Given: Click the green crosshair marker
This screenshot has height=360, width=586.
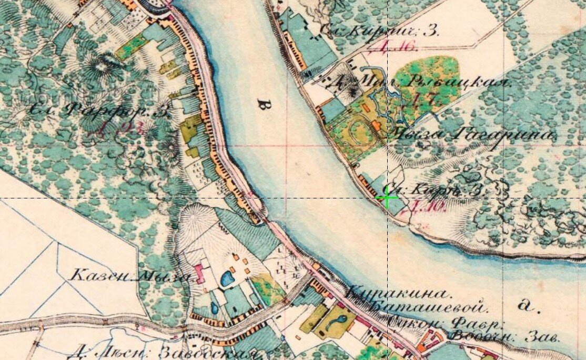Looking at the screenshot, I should pyautogui.click(x=387, y=198).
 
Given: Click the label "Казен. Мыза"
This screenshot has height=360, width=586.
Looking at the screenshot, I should pyautogui.click(x=129, y=275).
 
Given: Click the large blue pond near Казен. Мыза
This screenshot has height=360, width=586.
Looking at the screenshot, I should pyautogui.click(x=228, y=278).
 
